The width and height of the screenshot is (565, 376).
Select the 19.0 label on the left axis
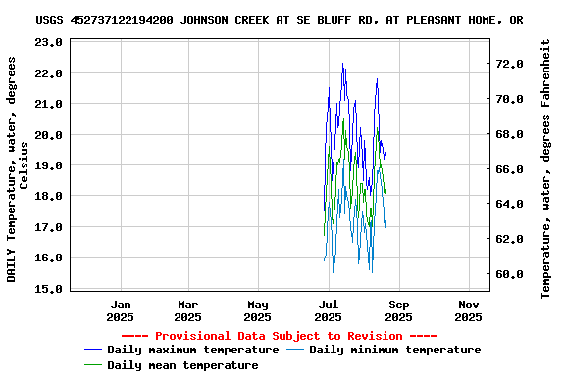47,165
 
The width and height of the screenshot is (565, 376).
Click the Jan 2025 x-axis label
120,310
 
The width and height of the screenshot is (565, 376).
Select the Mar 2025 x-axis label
187,310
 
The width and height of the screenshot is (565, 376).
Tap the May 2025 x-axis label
257,310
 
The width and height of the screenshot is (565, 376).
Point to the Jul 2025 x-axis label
328,310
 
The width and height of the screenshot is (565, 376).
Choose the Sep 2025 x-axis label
398,310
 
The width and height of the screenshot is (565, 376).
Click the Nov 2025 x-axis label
468,310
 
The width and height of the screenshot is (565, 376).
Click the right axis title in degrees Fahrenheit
546,168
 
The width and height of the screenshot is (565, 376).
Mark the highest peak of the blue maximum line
342,64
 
